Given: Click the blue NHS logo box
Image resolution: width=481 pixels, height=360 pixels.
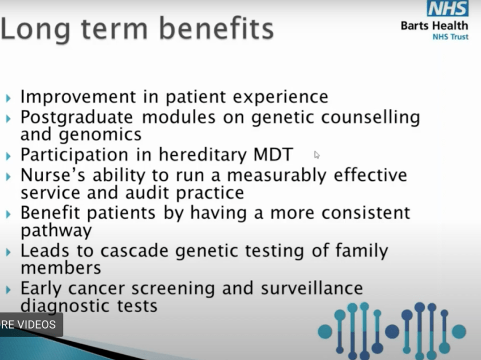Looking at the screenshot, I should [447, 9].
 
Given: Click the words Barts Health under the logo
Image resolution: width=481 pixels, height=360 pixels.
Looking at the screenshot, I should [433, 26].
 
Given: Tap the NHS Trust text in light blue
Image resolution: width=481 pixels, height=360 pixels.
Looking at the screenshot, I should [450, 37].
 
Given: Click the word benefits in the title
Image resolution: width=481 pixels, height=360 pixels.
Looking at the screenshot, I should [216, 30].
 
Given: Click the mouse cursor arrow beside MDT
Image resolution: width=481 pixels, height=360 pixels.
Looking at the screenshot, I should [317, 155].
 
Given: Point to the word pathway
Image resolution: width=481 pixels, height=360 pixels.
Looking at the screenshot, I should [56, 231].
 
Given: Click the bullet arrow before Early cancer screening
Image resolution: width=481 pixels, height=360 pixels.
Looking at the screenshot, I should [9, 290].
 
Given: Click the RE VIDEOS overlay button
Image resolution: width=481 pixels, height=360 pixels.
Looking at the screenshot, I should [29, 325].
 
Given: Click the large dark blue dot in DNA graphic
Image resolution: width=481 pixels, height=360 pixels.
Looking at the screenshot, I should [392, 331].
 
